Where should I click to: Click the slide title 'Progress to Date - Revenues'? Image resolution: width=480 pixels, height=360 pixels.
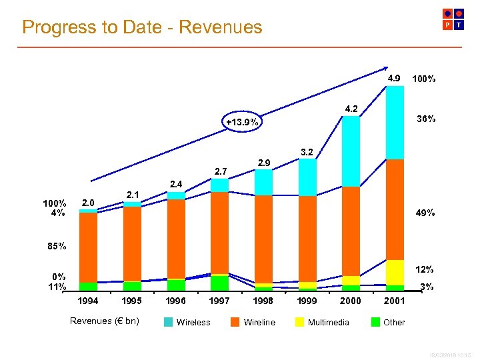pyautogui.click(x=142, y=27)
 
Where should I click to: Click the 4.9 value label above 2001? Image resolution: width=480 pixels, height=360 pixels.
pyautogui.click(x=395, y=78)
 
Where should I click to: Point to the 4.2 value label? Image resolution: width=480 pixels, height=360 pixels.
pyautogui.click(x=351, y=109)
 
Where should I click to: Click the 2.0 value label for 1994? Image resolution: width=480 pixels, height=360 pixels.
pyautogui.click(x=88, y=203)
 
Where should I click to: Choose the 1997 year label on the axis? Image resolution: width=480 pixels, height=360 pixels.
pyautogui.click(x=219, y=301)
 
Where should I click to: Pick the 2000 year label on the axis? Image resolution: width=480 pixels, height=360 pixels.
pyautogui.click(x=351, y=301)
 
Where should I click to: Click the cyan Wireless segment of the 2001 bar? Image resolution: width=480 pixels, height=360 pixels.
pyautogui.click(x=395, y=123)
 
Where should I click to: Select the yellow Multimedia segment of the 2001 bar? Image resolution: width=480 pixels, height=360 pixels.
pyautogui.click(x=395, y=272)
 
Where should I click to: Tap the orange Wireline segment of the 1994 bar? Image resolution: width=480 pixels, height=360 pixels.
pyautogui.click(x=88, y=247)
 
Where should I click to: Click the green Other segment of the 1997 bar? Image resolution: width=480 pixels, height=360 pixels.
pyautogui.click(x=219, y=283)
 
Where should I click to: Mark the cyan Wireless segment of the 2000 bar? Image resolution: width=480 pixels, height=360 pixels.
pyautogui.click(x=351, y=151)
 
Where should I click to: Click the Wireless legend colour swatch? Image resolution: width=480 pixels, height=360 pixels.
pyautogui.click(x=168, y=322)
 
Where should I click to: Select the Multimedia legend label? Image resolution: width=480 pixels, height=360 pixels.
pyautogui.click(x=328, y=322)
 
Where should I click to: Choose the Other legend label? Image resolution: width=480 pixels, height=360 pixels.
pyautogui.click(x=394, y=322)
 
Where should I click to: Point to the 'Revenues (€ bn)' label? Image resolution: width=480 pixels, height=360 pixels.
pyautogui.click(x=105, y=321)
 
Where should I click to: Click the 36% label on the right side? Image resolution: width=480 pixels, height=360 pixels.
pyautogui.click(x=426, y=119)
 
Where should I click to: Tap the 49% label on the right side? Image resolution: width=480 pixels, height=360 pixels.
pyautogui.click(x=426, y=213)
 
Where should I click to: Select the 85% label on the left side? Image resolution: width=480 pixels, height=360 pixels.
pyautogui.click(x=56, y=246)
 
